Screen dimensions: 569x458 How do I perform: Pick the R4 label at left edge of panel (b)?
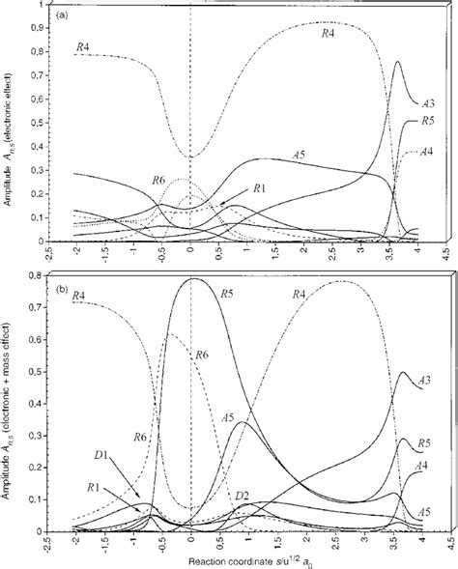78,294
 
